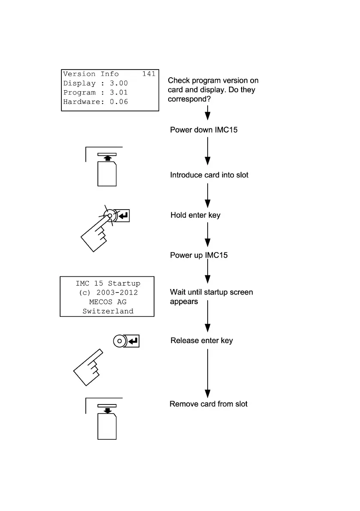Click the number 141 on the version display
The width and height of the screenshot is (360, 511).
click(x=148, y=74)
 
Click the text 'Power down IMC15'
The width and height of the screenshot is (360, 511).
click(x=204, y=130)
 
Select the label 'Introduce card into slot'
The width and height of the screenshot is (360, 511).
click(x=209, y=175)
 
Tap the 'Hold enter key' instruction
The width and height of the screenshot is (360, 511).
click(x=195, y=215)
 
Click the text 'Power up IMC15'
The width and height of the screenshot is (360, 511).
click(x=199, y=255)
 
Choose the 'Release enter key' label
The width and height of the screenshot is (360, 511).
click(x=202, y=341)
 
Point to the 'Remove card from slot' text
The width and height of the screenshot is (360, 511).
click(x=209, y=404)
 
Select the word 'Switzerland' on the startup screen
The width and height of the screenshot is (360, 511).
click(x=108, y=311)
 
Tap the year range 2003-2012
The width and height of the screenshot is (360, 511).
click(x=117, y=293)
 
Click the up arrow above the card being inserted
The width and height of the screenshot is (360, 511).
click(x=107, y=159)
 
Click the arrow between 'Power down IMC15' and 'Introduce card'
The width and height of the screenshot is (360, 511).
click(x=208, y=151)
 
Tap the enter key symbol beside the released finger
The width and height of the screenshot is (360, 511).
click(x=133, y=341)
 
